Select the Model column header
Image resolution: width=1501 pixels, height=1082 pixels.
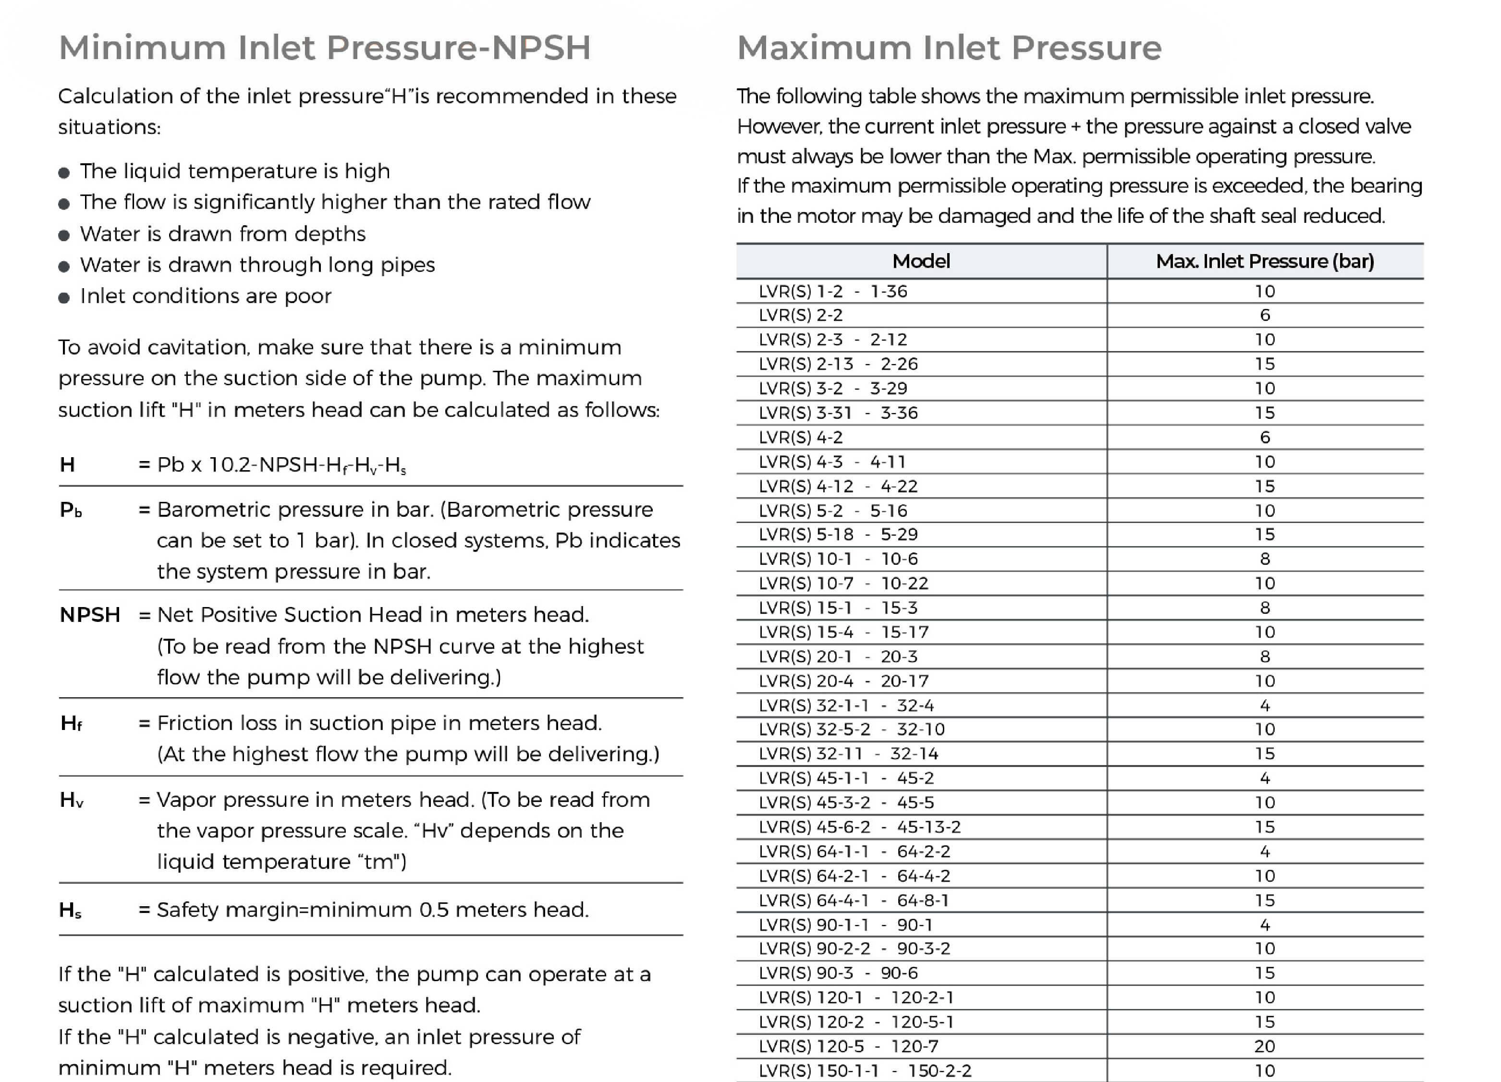(921, 261)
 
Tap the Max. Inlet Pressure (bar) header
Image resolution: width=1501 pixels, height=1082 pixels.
(1265, 261)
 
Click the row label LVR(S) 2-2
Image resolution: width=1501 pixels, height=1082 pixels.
(801, 316)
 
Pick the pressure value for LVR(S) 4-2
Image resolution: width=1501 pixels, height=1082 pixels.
(1265, 438)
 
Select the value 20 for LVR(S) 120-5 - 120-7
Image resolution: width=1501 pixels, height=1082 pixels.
(1265, 1046)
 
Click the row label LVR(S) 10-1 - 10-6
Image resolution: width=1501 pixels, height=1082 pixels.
(838, 559)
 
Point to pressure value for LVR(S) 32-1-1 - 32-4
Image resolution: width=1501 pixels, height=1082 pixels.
(1265, 705)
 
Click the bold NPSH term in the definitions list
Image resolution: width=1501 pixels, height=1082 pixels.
(90, 615)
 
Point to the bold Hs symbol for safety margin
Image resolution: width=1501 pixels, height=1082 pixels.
(70, 911)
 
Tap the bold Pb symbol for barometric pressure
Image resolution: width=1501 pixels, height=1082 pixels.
(70, 510)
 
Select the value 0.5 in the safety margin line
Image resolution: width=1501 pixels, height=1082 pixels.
(434, 910)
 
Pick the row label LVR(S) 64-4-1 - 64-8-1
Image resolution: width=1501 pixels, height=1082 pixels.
(854, 900)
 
